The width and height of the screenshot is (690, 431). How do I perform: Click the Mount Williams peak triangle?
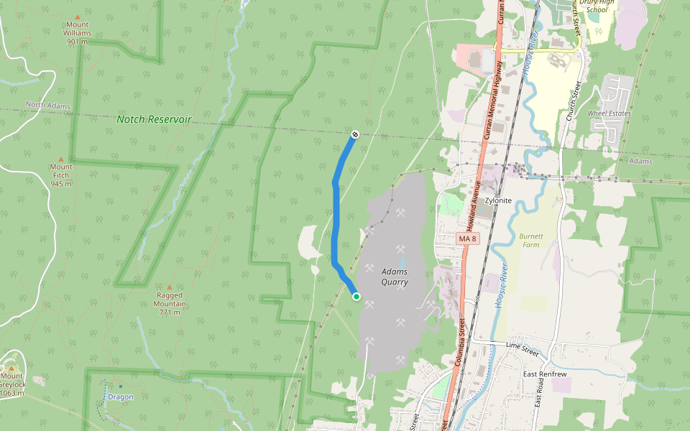click(78, 16)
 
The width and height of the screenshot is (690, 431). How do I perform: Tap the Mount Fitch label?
click(61, 175)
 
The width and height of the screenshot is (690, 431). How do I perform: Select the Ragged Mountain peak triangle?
click(170, 287)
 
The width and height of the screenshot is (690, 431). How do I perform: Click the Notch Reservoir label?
click(154, 119)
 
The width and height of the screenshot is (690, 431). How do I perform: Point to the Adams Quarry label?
click(395, 277)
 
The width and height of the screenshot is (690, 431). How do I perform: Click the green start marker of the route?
click(356, 296)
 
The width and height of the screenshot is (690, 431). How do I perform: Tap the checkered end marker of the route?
click(355, 134)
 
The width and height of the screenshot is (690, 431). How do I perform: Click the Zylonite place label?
click(498, 200)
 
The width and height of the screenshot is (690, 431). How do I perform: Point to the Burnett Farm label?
click(530, 240)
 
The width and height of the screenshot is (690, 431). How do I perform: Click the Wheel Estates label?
click(609, 113)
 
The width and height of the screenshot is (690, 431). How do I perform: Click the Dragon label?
click(121, 397)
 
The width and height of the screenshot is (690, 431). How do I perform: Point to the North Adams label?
click(48, 105)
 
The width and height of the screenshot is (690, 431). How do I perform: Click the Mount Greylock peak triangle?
click(11, 368)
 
